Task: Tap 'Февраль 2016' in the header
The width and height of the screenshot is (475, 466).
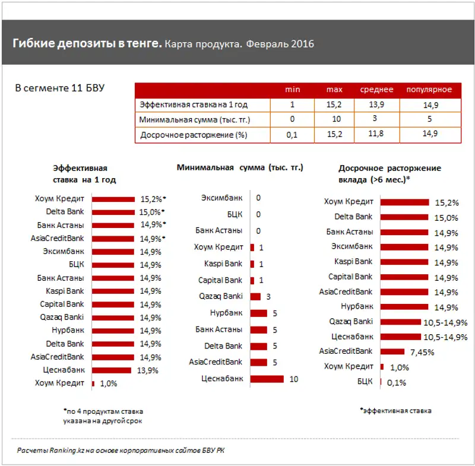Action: pyautogui.click(x=280, y=45)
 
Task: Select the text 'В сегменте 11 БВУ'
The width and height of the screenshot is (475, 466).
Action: pyautogui.click(x=59, y=88)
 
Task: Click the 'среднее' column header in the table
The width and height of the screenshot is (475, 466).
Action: pyautogui.click(x=376, y=90)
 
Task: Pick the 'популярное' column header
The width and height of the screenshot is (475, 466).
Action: pyautogui.click(x=429, y=90)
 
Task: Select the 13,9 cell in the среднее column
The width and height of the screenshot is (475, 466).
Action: pyautogui.click(x=376, y=104)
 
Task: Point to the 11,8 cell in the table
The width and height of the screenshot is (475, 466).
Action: pyautogui.click(x=376, y=135)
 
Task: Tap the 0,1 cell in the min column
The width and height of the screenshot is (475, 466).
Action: pyautogui.click(x=292, y=135)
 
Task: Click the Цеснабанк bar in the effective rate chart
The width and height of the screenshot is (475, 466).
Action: pyautogui.click(x=111, y=370)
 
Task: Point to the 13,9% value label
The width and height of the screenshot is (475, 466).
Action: pyautogui.click(x=147, y=370)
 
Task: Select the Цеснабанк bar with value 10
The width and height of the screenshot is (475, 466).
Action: pyautogui.click(x=267, y=379)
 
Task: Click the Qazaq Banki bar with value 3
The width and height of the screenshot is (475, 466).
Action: pyautogui.click(x=256, y=296)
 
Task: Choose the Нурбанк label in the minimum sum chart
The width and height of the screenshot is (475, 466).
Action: pyautogui.click(x=226, y=313)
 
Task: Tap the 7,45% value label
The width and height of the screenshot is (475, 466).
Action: pyautogui.click(x=422, y=351)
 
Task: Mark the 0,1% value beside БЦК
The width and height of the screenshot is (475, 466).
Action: pyautogui.click(x=396, y=382)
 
